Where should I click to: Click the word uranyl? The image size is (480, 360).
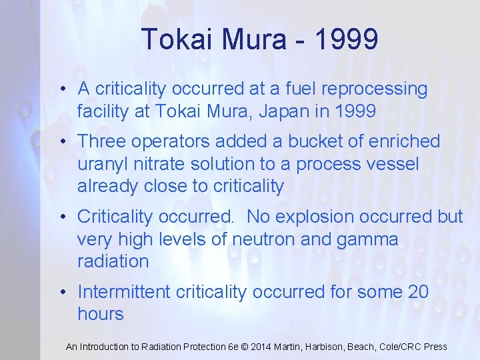point(105,164)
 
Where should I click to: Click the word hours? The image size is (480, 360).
point(101,315)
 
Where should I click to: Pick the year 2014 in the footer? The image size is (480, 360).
point(260,347)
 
